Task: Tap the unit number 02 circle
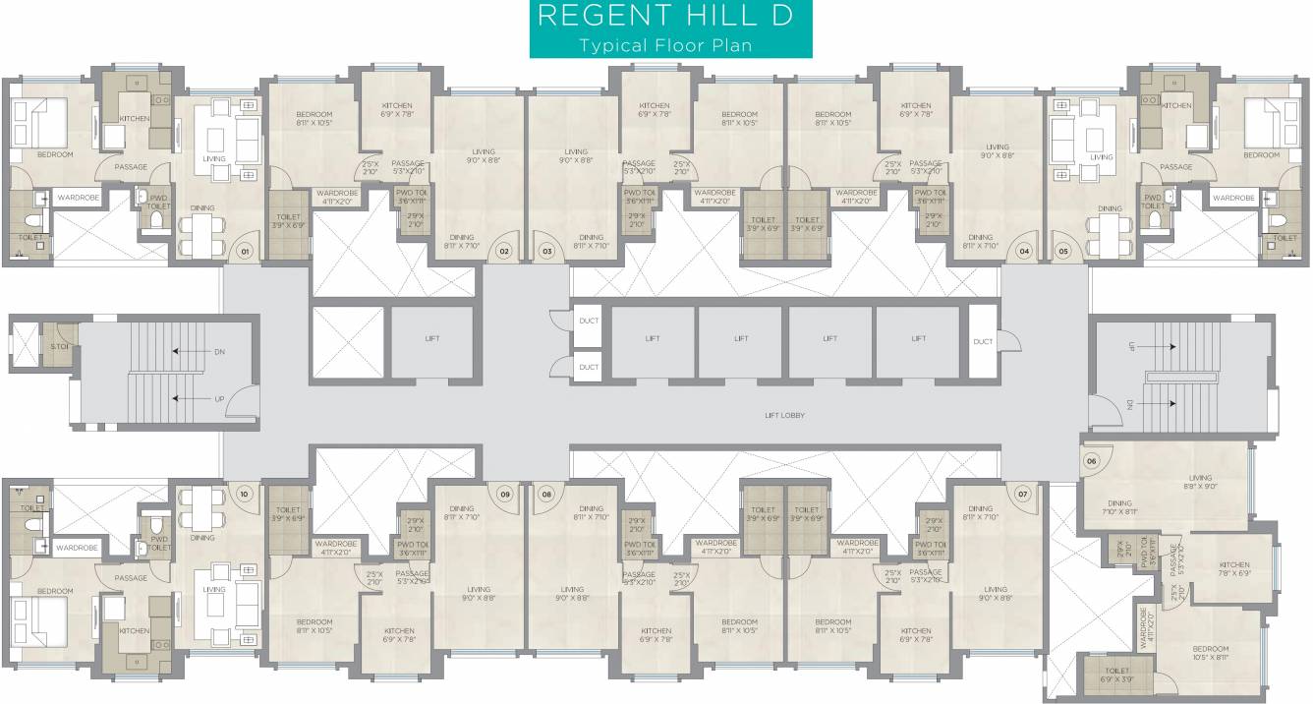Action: [504, 252]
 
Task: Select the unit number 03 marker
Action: [547, 252]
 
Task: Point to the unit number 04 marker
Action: [1024, 252]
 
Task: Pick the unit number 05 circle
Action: [1063, 252]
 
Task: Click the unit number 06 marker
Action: [1091, 460]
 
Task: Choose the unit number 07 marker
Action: [1023, 493]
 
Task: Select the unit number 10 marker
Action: [244, 493]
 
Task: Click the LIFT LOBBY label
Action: [784, 416]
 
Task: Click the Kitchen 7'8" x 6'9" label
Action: [1234, 569]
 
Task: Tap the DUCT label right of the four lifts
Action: [983, 341]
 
